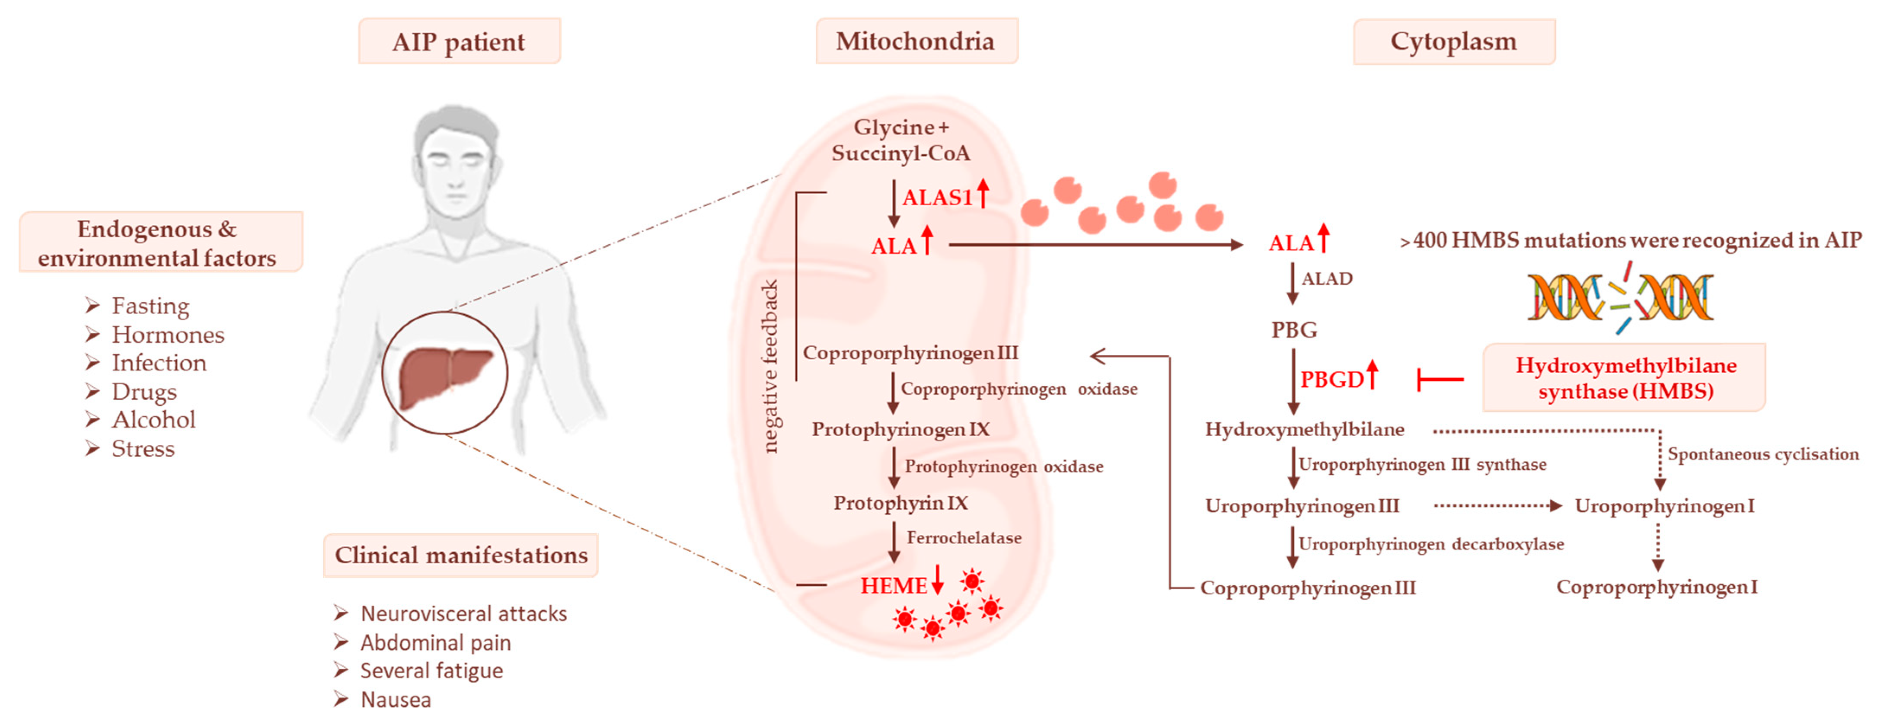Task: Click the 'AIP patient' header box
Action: click(x=459, y=42)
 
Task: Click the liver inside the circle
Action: click(x=445, y=375)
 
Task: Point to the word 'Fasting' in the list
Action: click(x=150, y=305)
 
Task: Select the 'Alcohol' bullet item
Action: click(x=153, y=420)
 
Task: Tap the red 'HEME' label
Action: click(x=894, y=585)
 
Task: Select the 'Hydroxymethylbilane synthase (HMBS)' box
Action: click(x=1625, y=378)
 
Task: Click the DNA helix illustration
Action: click(x=1620, y=299)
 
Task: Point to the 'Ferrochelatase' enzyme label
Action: click(x=964, y=538)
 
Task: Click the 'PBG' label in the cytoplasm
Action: click(x=1293, y=329)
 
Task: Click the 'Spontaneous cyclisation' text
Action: click(x=1762, y=454)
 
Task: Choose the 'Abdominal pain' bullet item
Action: click(x=435, y=642)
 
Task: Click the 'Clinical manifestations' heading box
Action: click(x=461, y=555)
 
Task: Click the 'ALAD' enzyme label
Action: click(x=1327, y=278)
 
